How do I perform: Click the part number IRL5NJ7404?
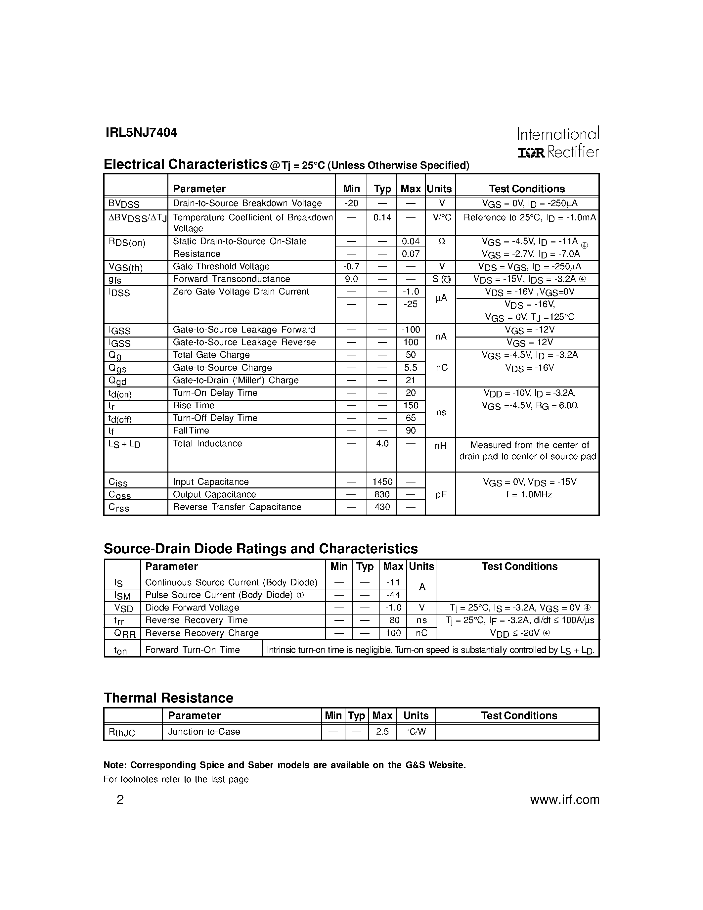[141, 132]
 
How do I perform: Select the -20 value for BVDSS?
[351, 203]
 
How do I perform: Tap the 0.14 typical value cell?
[382, 217]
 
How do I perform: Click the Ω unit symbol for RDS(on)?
[441, 241]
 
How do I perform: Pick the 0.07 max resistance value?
[411, 254]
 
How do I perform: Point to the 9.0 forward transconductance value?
[351, 279]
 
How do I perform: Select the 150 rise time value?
[411, 405]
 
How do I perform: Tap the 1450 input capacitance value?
[382, 482]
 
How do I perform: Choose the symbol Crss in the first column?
[119, 508]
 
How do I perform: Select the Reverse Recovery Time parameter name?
[196, 620]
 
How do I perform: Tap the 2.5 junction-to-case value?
[382, 732]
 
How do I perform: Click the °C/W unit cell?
[416, 732]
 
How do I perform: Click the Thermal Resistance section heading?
[168, 698]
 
